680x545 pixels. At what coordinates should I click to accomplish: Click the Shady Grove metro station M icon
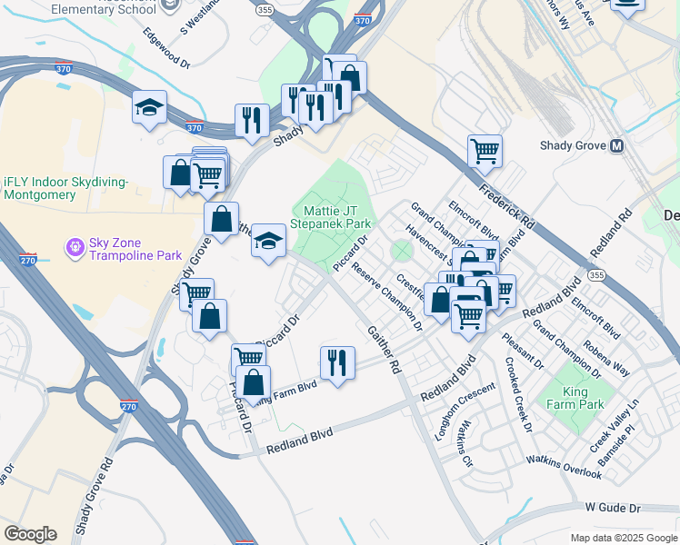coord(617,145)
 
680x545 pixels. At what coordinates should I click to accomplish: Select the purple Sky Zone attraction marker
coord(74,246)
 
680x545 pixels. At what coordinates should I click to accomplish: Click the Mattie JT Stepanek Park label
coord(331,216)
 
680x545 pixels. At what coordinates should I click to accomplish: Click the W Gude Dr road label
coord(614,507)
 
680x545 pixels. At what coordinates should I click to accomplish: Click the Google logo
coord(30,534)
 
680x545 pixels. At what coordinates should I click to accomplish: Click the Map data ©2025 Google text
coord(623,538)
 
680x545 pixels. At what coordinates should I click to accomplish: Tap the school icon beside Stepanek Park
coord(268,241)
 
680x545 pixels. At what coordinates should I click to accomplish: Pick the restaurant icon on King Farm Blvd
coord(337,362)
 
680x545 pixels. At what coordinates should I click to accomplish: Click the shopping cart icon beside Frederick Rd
coord(485,150)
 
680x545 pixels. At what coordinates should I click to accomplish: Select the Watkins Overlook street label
coord(564,467)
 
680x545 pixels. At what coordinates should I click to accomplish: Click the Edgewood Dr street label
coord(166,48)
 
